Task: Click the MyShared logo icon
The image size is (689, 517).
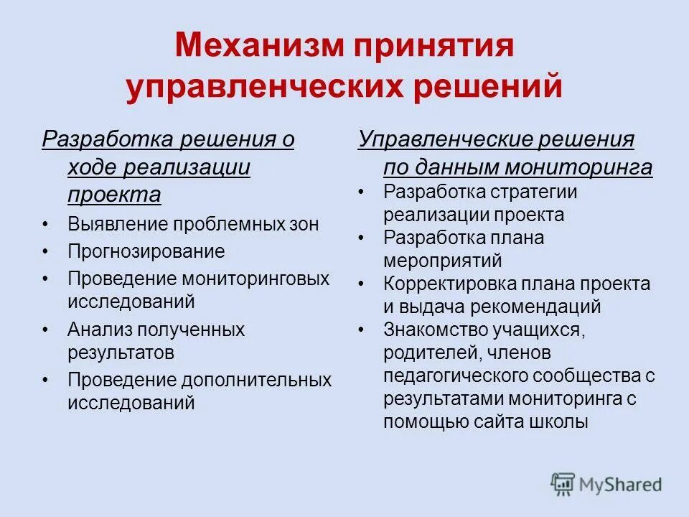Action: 562,485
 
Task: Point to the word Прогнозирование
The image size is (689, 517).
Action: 146,251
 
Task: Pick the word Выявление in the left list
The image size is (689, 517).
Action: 118,224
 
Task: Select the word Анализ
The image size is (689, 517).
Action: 100,330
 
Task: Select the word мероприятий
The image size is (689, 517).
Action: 442,260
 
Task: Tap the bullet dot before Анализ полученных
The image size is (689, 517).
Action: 46,330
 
